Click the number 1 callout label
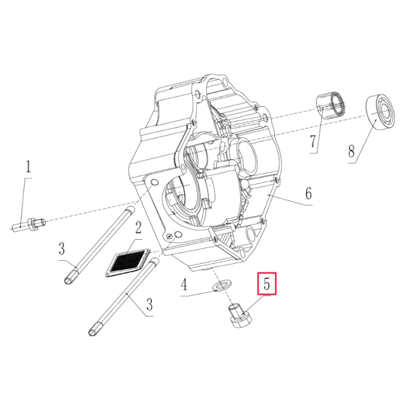click(27, 169)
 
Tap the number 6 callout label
click(308, 193)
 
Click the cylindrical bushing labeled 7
click(332, 103)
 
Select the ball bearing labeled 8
click(383, 112)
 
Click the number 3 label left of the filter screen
click(62, 247)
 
